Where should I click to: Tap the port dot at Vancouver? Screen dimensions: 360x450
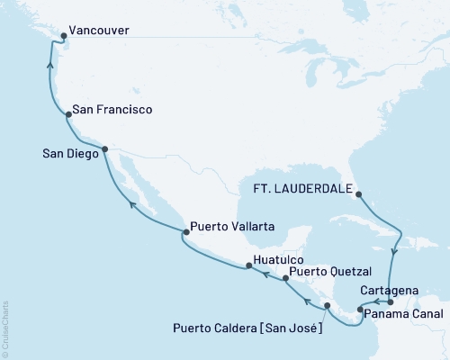(x=62, y=37)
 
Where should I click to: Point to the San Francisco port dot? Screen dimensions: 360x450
(x=68, y=114)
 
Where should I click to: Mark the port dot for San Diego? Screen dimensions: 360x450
(x=105, y=149)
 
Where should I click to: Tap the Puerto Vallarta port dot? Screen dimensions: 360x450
(x=184, y=233)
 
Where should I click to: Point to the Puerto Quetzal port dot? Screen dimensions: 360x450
(x=285, y=279)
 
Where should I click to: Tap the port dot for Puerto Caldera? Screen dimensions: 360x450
(x=327, y=307)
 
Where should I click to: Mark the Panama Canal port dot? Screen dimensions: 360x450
(x=360, y=310)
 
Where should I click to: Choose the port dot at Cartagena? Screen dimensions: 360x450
(x=390, y=302)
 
